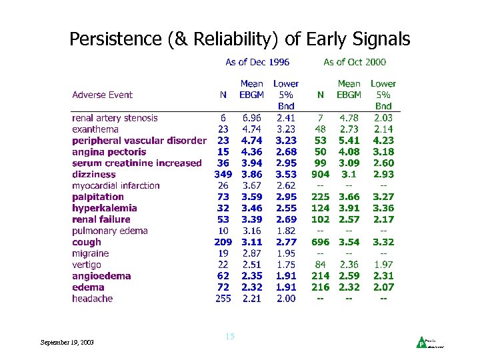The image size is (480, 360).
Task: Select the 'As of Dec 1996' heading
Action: click(x=257, y=62)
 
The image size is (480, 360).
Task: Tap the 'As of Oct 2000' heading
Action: click(x=355, y=62)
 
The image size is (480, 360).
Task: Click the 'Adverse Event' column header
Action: click(x=103, y=95)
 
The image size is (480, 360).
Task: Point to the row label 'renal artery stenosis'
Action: click(x=115, y=118)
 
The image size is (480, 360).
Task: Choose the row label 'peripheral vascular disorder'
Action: click(x=139, y=141)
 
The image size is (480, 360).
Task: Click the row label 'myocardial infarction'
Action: click(x=116, y=185)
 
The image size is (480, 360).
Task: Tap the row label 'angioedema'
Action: click(x=101, y=276)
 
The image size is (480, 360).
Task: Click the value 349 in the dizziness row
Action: click(x=223, y=174)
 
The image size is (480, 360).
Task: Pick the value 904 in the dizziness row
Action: click(x=321, y=174)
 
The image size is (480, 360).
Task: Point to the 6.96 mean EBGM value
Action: click(x=251, y=118)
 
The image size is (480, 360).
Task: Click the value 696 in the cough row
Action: click(x=321, y=242)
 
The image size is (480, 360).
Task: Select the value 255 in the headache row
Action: click(x=223, y=299)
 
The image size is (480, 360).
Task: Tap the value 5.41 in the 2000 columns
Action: click(x=349, y=141)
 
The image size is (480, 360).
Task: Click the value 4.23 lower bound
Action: click(x=383, y=141)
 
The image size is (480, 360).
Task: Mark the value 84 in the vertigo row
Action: click(x=321, y=265)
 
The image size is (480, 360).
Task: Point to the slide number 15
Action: click(x=230, y=337)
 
